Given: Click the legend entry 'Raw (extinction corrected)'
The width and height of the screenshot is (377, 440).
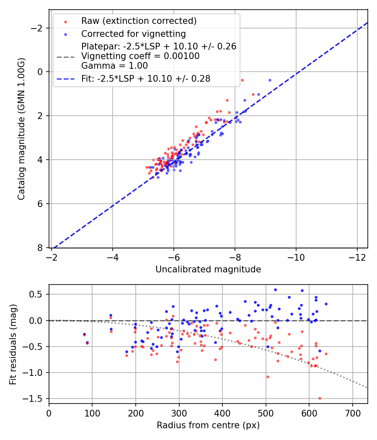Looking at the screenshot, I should (139, 21).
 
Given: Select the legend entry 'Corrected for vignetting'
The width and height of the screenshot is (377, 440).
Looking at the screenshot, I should (134, 34).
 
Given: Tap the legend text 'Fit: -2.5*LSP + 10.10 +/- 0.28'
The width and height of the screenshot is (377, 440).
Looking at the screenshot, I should (146, 78).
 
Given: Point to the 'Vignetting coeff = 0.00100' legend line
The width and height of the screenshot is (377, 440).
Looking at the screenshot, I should (140, 56).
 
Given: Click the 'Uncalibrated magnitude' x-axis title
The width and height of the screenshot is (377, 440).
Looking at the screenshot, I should (208, 269).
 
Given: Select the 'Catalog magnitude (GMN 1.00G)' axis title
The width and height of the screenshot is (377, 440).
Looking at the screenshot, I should (21, 128).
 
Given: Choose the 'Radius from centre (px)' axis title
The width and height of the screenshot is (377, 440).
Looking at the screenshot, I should (208, 425).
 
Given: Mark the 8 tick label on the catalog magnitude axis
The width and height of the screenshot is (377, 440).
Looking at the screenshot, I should (40, 248).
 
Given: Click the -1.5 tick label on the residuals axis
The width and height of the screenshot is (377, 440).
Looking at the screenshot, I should (36, 399).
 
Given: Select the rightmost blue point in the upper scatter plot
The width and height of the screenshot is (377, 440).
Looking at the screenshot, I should (270, 80).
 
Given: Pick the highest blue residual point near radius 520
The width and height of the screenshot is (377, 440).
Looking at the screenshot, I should (275, 290).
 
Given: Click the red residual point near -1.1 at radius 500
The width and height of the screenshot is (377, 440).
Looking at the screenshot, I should (268, 377).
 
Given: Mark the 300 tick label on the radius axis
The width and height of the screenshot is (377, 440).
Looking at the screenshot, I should (179, 412).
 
